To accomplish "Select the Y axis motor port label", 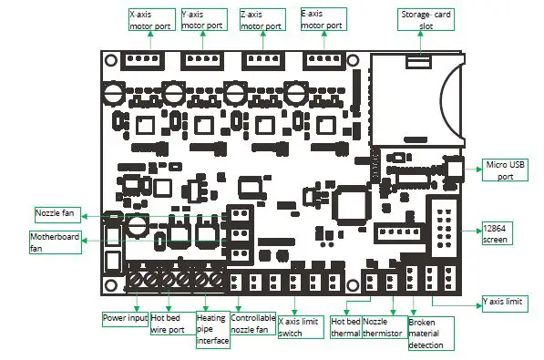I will pos(206,21).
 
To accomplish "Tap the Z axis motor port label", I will pos(264,21).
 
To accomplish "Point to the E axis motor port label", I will pos(323,21).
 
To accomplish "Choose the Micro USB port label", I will pos(505,170).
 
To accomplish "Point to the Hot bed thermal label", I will pos(345,327).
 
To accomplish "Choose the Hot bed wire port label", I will pos(168,324).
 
